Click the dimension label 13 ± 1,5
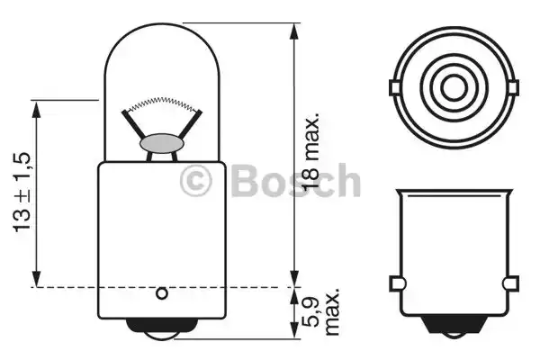[x=22, y=193]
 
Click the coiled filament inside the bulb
[x=161, y=104]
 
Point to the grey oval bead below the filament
[x=162, y=143]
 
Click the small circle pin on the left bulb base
[x=161, y=294]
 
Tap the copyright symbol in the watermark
[x=195, y=180]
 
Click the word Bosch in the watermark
[x=296, y=180]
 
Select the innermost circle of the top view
[x=454, y=87]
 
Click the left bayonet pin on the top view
[x=395, y=87]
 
